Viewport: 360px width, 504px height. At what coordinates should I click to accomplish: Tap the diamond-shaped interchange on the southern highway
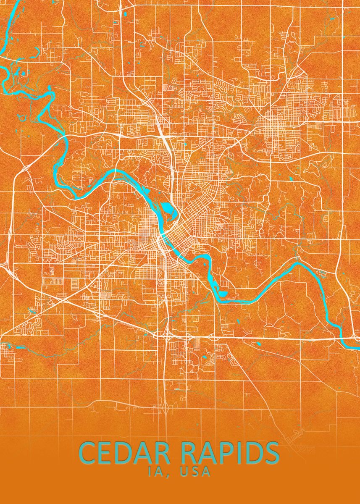167,406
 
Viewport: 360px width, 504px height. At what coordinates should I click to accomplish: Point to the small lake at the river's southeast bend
222,294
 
